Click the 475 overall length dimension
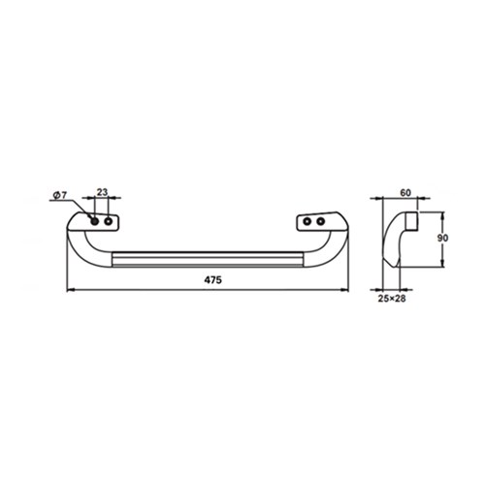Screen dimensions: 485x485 click(213, 280)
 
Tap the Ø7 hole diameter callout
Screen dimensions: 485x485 click(59, 195)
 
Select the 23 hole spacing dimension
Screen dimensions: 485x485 click(102, 192)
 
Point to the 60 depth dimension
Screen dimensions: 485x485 click(405, 193)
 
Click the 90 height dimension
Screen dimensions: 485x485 click(442, 238)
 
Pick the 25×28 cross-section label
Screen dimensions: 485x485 click(392, 299)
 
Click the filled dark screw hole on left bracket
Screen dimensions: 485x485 click(95, 221)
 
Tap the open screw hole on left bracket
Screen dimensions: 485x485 click(109, 221)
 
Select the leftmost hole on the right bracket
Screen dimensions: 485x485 click(307, 221)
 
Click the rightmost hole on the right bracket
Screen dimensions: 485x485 click(320, 221)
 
